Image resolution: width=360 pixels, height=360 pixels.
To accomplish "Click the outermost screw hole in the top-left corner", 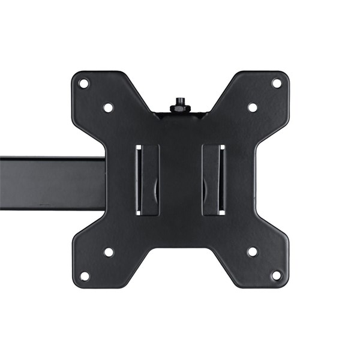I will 84,83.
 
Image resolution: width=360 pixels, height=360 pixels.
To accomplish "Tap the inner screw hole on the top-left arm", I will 109,107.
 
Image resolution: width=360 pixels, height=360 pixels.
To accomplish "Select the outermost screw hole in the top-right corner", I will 277,83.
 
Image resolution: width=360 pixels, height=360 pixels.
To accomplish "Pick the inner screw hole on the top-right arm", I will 253,107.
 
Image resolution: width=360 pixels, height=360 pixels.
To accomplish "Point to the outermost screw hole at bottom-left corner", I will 85,276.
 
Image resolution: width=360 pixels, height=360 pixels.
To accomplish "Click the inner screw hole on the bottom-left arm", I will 109,252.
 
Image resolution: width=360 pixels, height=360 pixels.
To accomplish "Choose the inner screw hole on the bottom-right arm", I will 253,252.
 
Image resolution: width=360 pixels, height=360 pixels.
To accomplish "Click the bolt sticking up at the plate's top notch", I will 179,101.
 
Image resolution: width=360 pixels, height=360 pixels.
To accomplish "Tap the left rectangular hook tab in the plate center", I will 149,179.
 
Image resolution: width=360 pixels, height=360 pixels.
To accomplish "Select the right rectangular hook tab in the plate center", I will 211,179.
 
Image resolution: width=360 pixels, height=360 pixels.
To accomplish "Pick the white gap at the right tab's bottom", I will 222,212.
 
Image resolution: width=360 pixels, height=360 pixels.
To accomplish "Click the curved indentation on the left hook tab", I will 157,191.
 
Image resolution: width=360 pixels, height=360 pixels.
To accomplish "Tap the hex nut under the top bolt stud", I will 179,109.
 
